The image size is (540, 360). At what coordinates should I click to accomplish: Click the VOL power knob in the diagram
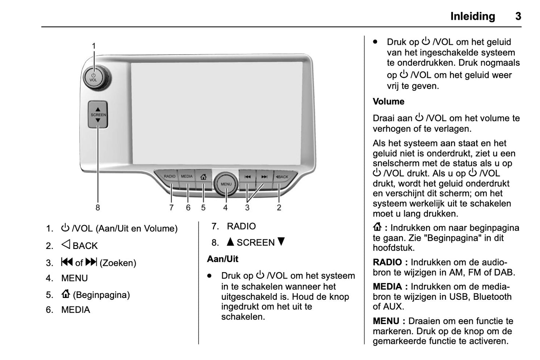(x=93, y=78)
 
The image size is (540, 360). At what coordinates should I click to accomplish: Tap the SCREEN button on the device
(x=98, y=115)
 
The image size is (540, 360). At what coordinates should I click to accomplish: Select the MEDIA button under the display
(x=187, y=176)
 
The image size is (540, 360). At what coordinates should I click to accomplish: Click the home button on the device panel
(x=203, y=176)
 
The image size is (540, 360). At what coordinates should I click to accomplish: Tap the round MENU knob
(x=226, y=184)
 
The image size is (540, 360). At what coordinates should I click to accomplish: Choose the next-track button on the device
(x=264, y=177)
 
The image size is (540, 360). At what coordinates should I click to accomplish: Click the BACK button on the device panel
(x=283, y=177)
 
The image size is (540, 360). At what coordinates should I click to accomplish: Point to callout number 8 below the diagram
(x=98, y=207)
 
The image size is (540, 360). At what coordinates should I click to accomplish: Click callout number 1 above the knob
(x=94, y=46)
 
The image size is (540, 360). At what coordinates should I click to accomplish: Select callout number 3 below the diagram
(x=247, y=207)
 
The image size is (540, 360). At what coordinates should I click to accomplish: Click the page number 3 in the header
(x=518, y=16)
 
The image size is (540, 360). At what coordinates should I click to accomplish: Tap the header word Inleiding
(x=472, y=16)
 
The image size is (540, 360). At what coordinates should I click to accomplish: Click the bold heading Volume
(x=389, y=102)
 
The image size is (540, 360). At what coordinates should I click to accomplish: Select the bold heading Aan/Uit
(x=223, y=259)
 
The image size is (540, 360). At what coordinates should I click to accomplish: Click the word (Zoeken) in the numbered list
(x=118, y=263)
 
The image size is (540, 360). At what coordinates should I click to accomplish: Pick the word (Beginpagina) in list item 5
(x=101, y=295)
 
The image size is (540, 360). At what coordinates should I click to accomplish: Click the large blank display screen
(x=217, y=112)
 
